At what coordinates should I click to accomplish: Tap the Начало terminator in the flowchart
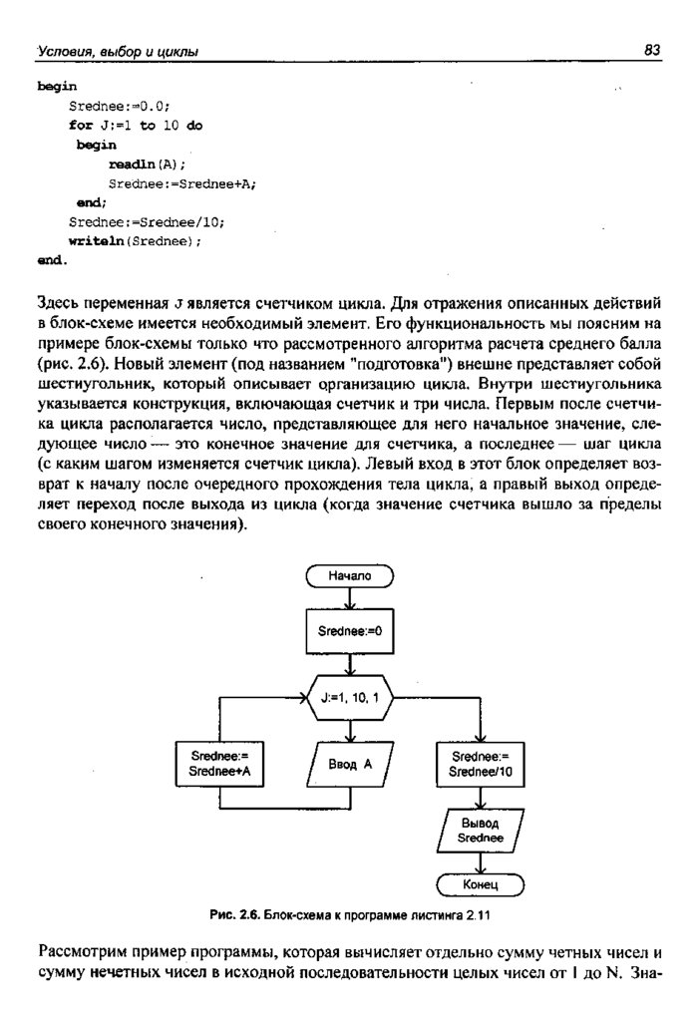point(350,575)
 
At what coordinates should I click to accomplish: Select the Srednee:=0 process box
point(350,631)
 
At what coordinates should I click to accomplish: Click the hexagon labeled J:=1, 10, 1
point(350,697)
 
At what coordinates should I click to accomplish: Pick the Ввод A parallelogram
point(350,764)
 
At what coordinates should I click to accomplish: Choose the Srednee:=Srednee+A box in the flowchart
point(219,764)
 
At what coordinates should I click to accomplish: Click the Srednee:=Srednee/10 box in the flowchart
point(480,764)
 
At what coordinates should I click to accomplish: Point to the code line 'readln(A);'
point(148,165)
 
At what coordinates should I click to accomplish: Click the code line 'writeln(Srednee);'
point(135,241)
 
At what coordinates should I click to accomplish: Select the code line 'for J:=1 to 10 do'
point(135,127)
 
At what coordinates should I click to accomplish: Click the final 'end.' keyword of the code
point(53,261)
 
